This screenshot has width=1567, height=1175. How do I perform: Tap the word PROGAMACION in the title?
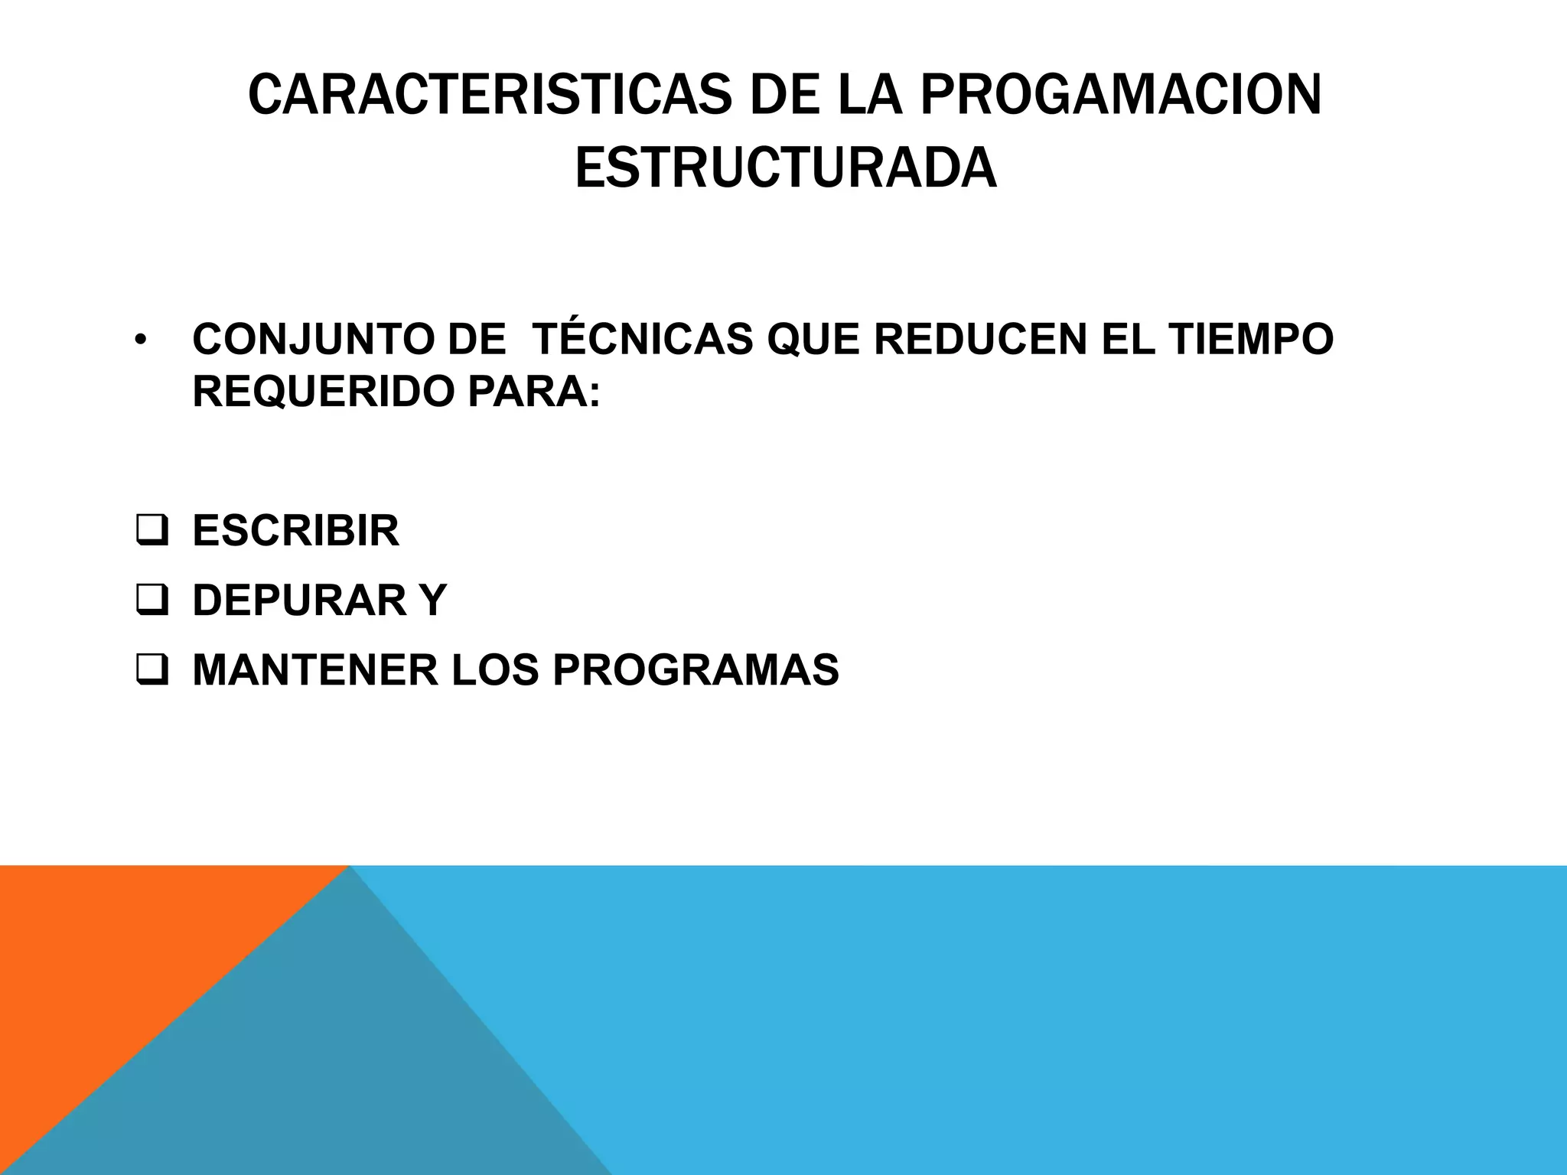1121,96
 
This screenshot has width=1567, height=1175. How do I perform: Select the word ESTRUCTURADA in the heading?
785,168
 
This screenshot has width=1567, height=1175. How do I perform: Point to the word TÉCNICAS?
642,339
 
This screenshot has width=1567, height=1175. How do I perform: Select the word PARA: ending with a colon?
534,392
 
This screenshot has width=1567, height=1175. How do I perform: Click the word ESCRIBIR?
296,530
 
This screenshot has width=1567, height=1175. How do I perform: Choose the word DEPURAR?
300,600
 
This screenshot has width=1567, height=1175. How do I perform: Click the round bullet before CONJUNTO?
138,340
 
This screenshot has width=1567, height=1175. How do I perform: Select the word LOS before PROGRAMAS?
495,669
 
